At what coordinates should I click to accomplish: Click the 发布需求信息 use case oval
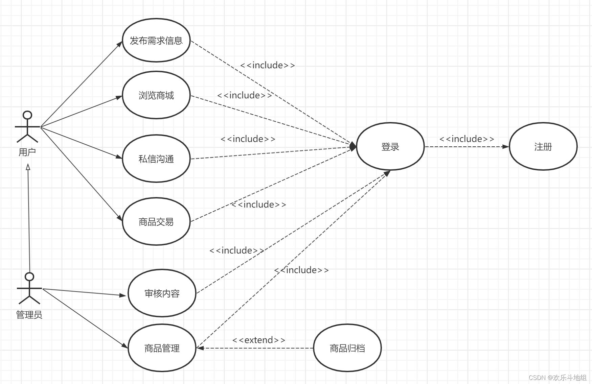click(x=156, y=40)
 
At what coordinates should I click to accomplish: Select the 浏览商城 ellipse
click(x=156, y=95)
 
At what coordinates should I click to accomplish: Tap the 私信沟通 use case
click(x=156, y=159)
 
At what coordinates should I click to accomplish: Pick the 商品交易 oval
click(x=156, y=222)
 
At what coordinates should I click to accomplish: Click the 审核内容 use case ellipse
click(x=162, y=293)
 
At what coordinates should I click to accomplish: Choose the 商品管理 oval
click(x=162, y=348)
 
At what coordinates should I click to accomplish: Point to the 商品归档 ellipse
click(x=347, y=348)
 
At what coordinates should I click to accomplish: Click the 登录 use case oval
click(x=390, y=146)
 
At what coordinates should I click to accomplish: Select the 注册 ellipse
click(x=543, y=146)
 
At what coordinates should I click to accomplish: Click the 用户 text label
click(x=27, y=152)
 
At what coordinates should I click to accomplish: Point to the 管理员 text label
click(x=29, y=315)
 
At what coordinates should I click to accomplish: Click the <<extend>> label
click(x=259, y=340)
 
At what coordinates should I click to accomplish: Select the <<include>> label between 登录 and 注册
click(x=467, y=139)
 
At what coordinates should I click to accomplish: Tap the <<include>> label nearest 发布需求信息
click(x=268, y=65)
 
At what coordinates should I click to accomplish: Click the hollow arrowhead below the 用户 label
click(x=28, y=167)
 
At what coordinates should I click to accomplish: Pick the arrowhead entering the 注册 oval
click(x=506, y=147)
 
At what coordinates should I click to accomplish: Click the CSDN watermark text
click(x=557, y=377)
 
